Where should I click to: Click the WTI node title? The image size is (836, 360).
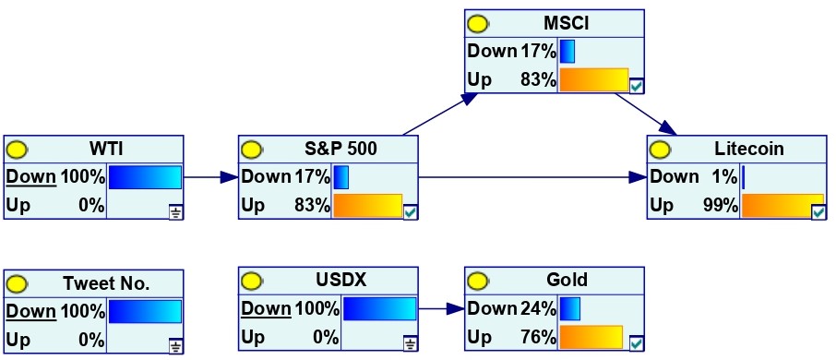click(106, 149)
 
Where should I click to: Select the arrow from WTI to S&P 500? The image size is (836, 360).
click(210, 177)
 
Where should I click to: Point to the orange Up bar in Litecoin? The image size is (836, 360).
click(782, 206)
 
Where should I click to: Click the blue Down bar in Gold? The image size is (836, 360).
click(569, 309)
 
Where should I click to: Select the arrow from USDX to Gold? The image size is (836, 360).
click(441, 309)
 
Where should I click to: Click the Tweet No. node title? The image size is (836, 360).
click(106, 283)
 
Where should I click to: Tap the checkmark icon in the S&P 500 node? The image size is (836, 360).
click(411, 213)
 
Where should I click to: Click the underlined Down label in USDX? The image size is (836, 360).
click(266, 308)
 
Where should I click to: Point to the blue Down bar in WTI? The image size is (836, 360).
click(145, 177)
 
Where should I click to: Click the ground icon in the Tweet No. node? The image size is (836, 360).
click(176, 347)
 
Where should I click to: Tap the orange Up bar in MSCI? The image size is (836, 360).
click(594, 79)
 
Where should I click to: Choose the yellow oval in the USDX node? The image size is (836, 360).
click(251, 281)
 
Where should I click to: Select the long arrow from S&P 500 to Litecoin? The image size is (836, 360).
click(532, 177)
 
